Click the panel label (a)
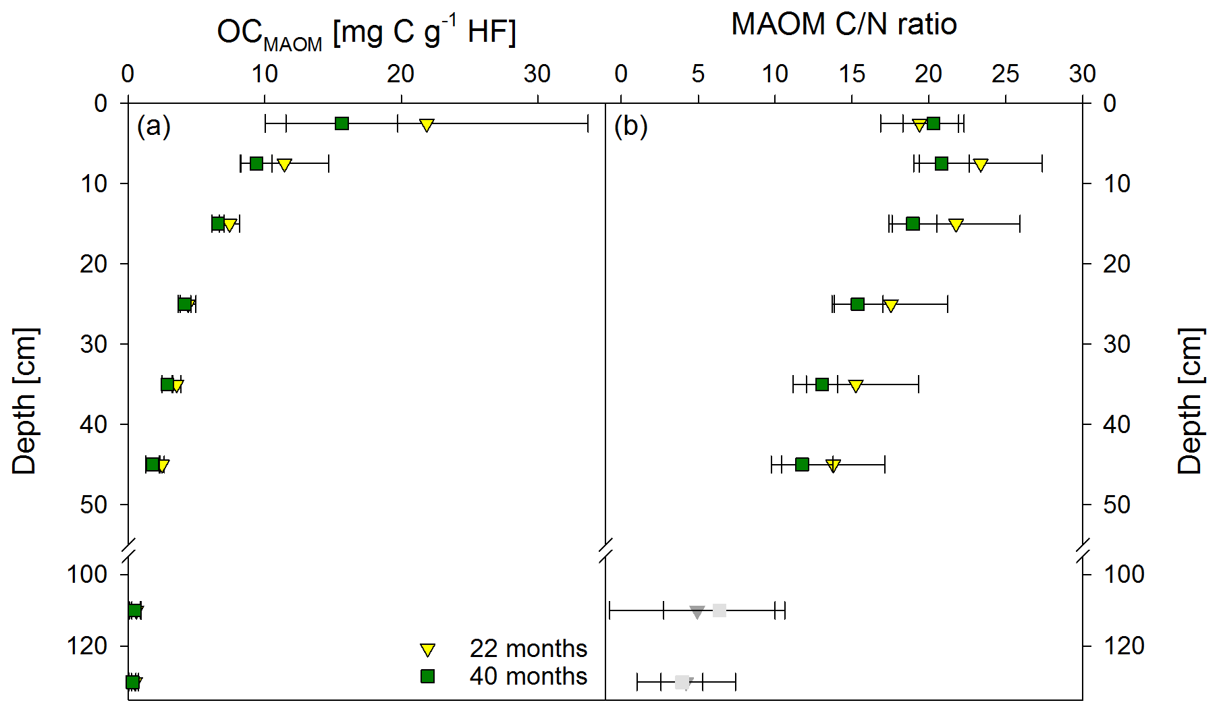pyautogui.click(x=153, y=126)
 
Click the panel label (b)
pyautogui.click(x=630, y=126)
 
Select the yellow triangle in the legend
pyautogui.click(x=427, y=650)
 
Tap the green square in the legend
pyautogui.click(x=427, y=676)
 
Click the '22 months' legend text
pyautogui.click(x=528, y=648)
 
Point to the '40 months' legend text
pyautogui.click(x=528, y=676)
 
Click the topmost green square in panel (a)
pyautogui.click(x=342, y=123)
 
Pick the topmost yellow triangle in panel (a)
pyautogui.click(x=427, y=125)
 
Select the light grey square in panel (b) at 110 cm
pyautogui.click(x=720, y=610)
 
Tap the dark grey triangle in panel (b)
pyautogui.click(x=697, y=612)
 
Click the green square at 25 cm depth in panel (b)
pyautogui.click(x=857, y=304)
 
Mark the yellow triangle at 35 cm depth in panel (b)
pyautogui.click(x=855, y=386)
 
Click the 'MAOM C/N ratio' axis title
pyautogui.click(x=844, y=24)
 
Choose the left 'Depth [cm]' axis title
pyautogui.click(x=25, y=401)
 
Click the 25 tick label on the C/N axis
pyautogui.click(x=1005, y=74)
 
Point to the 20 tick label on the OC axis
pyautogui.click(x=400, y=74)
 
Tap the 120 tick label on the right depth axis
pyautogui.click(x=1124, y=646)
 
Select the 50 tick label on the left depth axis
pyautogui.click(x=93, y=504)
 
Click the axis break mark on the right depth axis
pyautogui.click(x=1083, y=550)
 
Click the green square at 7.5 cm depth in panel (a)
pyautogui.click(x=256, y=163)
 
